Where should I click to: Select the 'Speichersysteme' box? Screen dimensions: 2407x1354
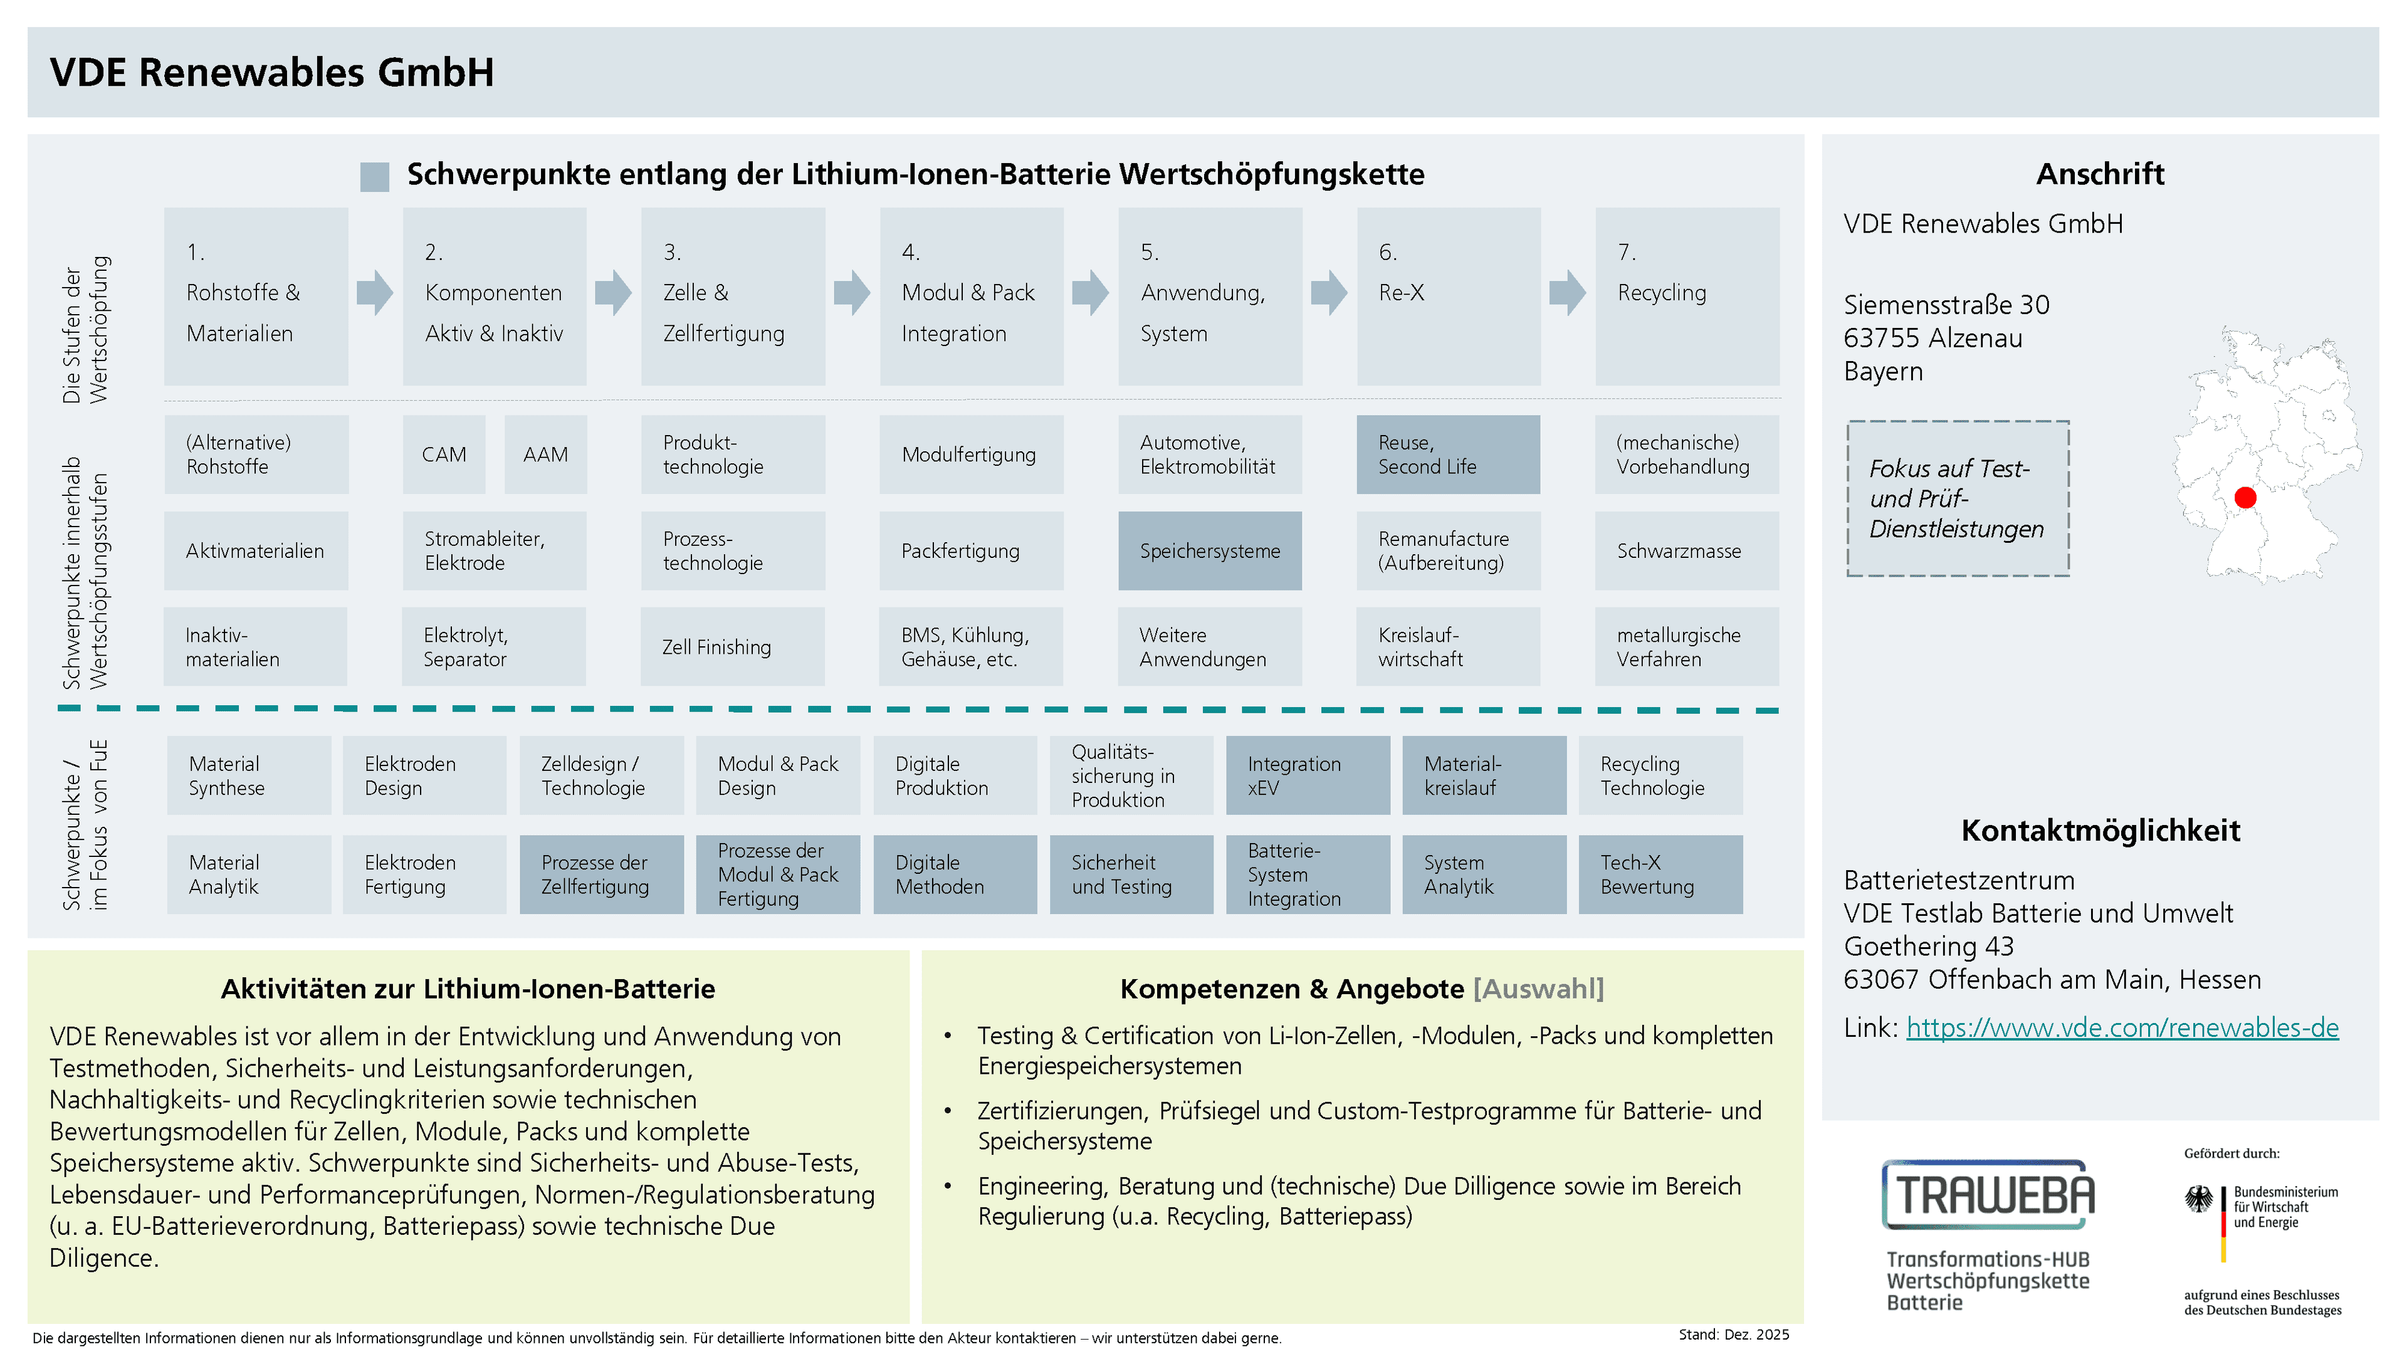(x=1209, y=550)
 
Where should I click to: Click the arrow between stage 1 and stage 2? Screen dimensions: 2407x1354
(x=375, y=293)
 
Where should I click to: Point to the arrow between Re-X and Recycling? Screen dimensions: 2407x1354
(x=1567, y=293)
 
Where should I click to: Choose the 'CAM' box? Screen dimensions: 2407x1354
(x=444, y=454)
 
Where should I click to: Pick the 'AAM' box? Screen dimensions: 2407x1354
(x=546, y=454)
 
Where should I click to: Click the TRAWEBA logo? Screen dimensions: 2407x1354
(x=1988, y=1194)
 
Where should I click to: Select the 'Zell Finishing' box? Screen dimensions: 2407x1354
(x=733, y=647)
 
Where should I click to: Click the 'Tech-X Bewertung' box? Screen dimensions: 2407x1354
(x=1660, y=874)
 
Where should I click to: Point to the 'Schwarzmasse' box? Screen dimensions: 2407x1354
(x=1687, y=550)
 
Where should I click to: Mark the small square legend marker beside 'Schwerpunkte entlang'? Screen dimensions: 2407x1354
(x=375, y=177)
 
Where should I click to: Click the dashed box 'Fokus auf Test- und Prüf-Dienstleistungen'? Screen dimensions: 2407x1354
(x=1958, y=498)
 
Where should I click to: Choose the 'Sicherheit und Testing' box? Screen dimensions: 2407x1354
(x=1131, y=874)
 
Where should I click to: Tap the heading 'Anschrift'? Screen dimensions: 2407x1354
(x=2100, y=174)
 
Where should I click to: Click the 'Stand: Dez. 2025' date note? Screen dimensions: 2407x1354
(x=1733, y=1335)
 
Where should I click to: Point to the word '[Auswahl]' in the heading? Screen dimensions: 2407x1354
(x=1538, y=989)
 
